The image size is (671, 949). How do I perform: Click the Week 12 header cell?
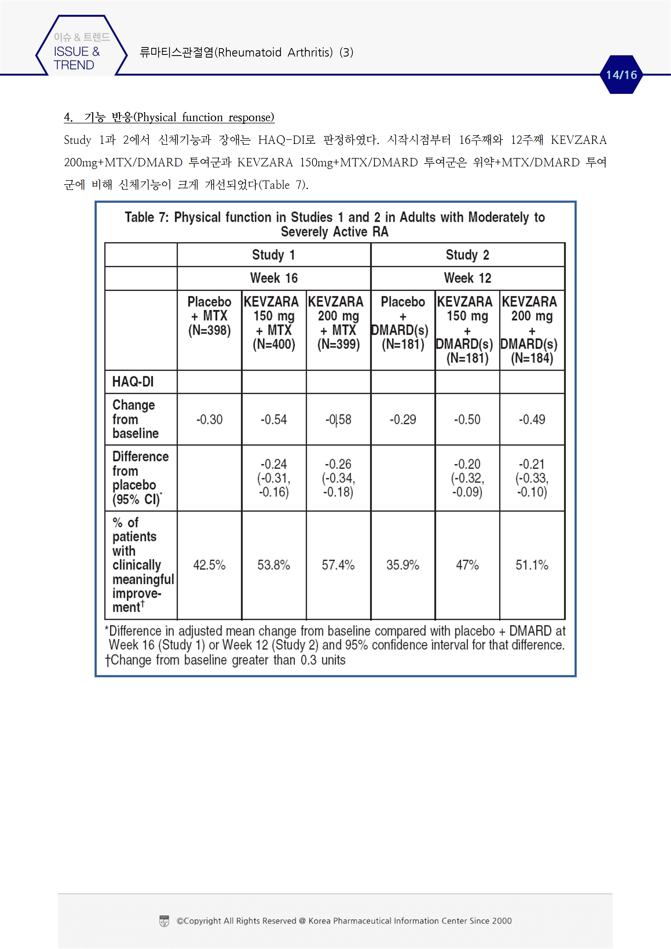pos(467,278)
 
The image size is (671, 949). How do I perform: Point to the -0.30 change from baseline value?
pos(209,420)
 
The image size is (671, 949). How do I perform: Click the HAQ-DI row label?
pos(133,381)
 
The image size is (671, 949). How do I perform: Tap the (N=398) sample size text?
pos(209,330)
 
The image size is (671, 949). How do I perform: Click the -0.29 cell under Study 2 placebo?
pos(403,420)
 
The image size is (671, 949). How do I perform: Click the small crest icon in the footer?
pos(164,921)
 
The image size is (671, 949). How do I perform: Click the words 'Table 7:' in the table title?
pos(147,218)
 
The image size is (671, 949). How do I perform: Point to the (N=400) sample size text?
pos(274,344)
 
